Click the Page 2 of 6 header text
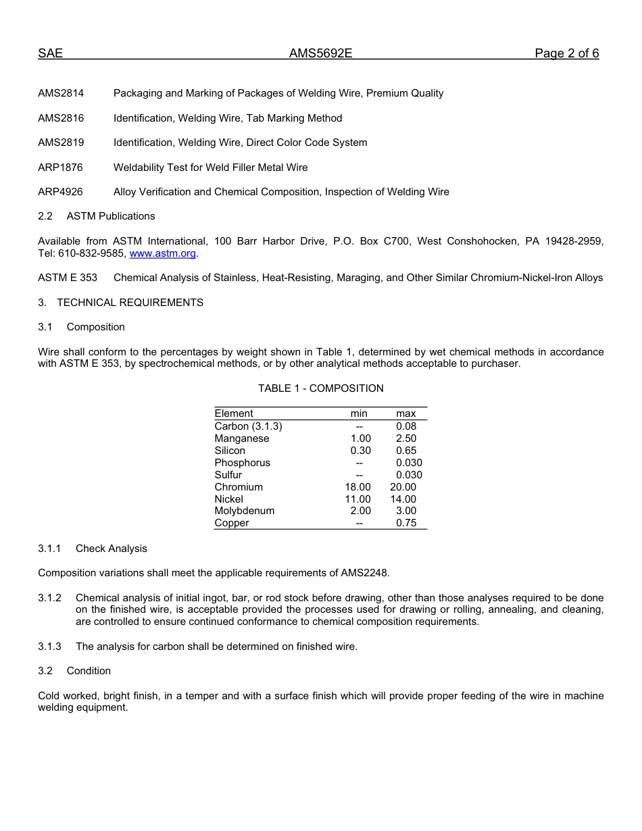click(566, 53)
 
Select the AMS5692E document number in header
click(320, 53)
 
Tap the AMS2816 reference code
click(61, 118)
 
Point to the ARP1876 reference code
click(60, 168)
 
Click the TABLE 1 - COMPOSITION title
click(320, 388)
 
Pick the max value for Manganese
click(406, 438)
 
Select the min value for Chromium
click(357, 487)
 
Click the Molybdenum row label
click(244, 511)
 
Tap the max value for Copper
click(406, 523)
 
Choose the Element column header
click(233, 413)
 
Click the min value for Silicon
click(360, 451)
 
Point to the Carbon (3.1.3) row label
click(248, 426)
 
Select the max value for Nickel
click(403, 499)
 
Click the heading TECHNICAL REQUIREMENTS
click(130, 303)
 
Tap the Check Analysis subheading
click(111, 549)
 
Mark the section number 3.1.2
click(49, 598)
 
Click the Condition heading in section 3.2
click(89, 671)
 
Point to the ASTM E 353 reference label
click(67, 278)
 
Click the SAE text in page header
click(50, 53)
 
